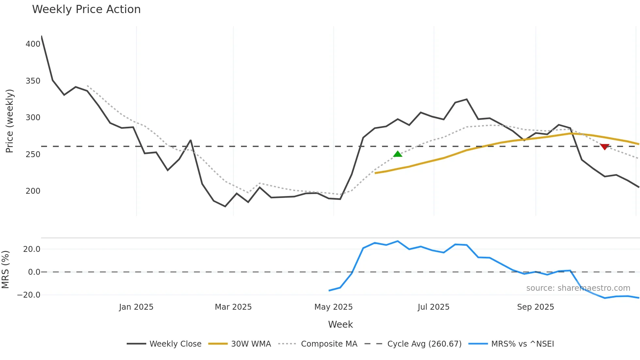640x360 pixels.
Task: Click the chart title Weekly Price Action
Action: [86, 9]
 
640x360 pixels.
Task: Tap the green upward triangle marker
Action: [397, 154]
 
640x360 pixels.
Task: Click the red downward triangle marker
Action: [605, 147]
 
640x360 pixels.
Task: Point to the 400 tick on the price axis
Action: [33, 44]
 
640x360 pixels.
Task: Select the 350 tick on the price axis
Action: [33, 81]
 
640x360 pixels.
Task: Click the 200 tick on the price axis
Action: [33, 191]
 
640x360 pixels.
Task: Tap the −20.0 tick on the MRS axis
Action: [29, 295]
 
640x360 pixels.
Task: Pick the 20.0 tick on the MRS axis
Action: [32, 249]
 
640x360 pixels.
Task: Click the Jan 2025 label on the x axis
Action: [136, 307]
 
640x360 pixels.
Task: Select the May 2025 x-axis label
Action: [333, 307]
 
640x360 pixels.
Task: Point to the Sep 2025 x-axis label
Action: [536, 307]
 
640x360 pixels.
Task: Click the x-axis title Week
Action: [340, 324]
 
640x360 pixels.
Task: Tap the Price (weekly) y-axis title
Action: [9, 121]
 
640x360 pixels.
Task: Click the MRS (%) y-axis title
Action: [6, 270]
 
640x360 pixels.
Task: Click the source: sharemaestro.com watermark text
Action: [578, 288]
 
